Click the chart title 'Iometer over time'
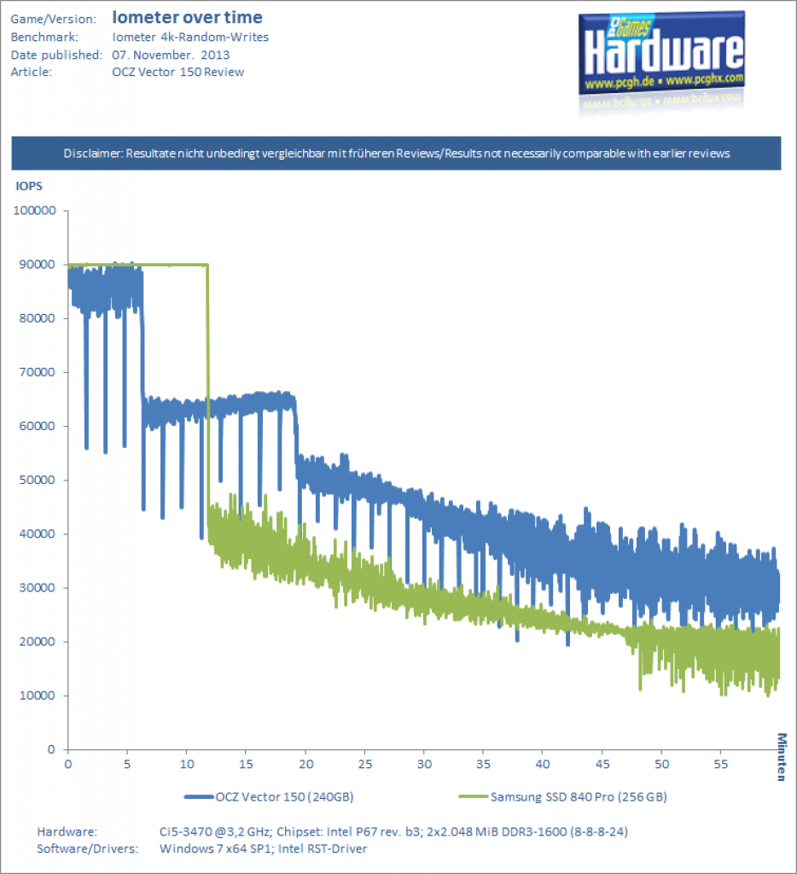tap(187, 17)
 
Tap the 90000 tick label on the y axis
tap(38, 265)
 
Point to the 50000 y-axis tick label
tap(38, 480)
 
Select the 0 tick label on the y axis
tap(51, 749)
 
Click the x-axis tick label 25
tap(365, 764)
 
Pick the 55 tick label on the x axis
tap(721, 764)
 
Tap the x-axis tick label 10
tap(187, 764)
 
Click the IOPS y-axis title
tap(29, 186)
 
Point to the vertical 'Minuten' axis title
tap(782, 757)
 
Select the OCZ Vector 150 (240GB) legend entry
tap(269, 797)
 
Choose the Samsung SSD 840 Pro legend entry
tap(562, 797)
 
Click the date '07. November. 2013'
tap(172, 55)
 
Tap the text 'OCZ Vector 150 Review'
tap(178, 72)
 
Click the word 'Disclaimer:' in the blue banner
tap(93, 154)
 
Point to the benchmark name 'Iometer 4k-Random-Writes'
tap(190, 37)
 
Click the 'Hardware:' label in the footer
tap(67, 831)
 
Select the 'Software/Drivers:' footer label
tap(88, 848)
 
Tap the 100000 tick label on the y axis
tap(34, 210)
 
